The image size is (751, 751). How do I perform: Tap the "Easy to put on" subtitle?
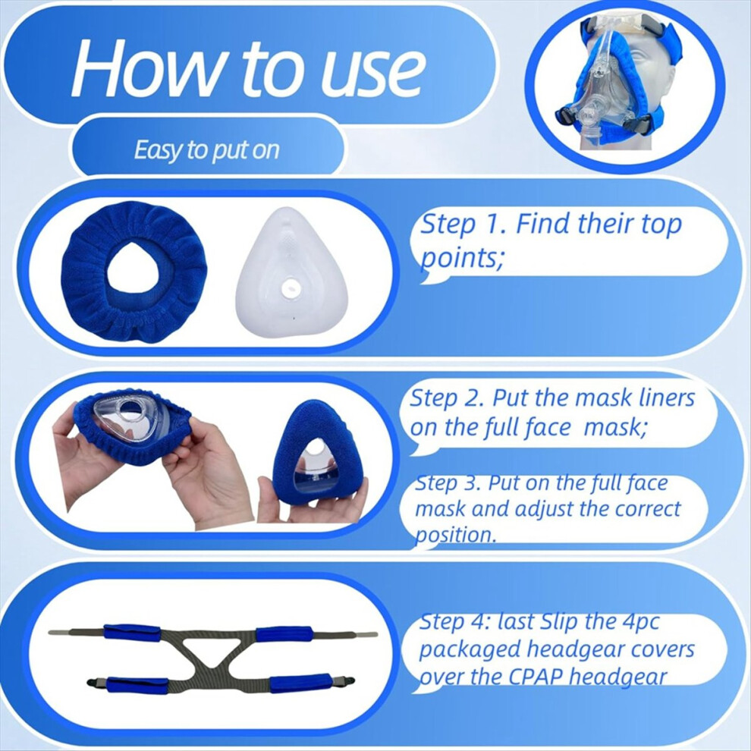click(x=206, y=150)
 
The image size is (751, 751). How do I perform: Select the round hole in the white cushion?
click(x=291, y=288)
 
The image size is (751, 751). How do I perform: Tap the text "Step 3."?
click(x=448, y=483)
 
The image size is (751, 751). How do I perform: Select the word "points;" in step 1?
click(x=462, y=259)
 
